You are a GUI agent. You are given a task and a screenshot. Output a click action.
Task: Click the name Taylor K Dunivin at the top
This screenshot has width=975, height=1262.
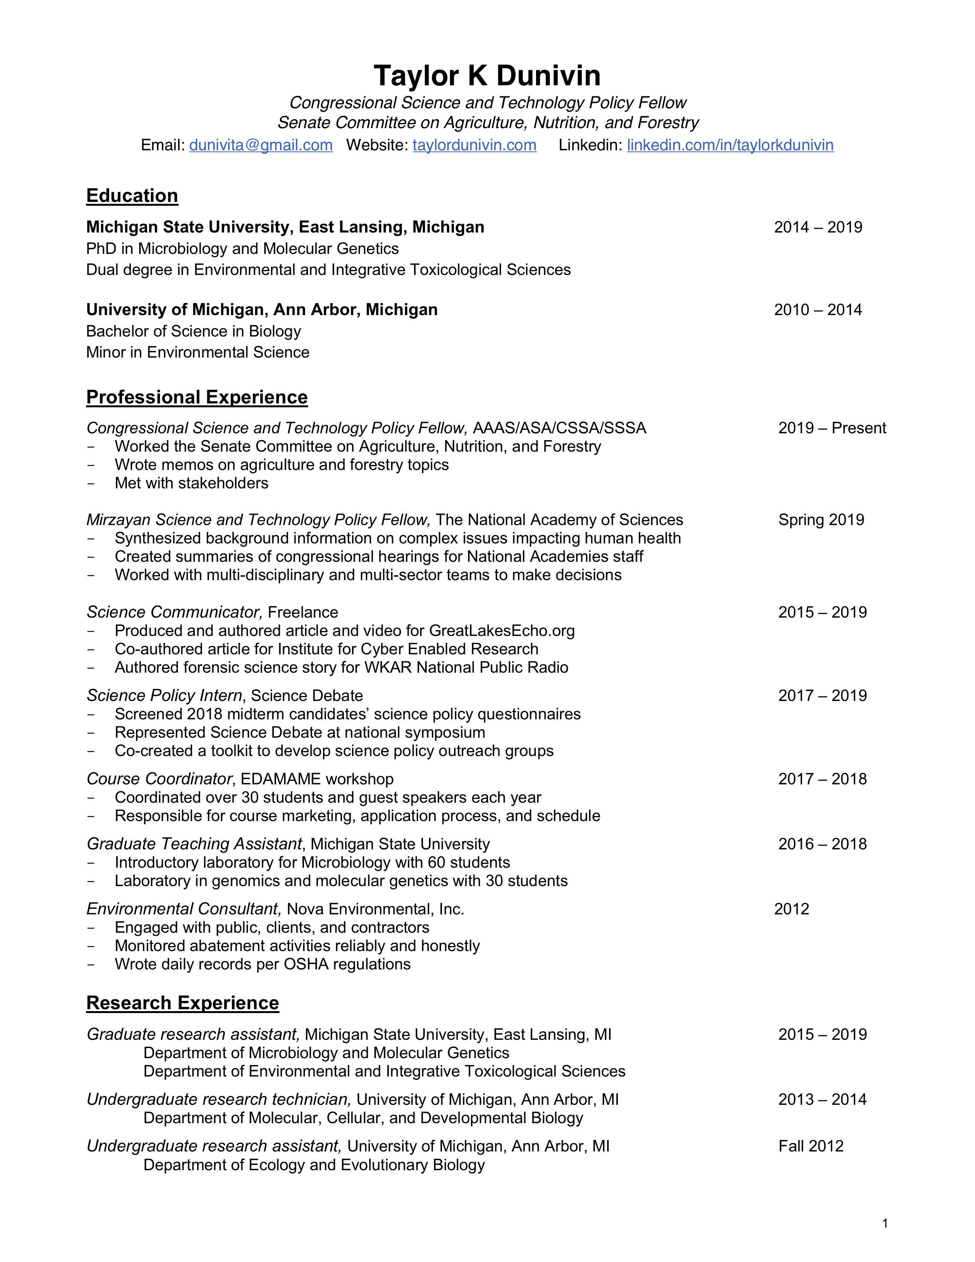[x=487, y=76]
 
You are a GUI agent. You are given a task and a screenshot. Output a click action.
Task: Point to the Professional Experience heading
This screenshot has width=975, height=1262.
[x=197, y=398]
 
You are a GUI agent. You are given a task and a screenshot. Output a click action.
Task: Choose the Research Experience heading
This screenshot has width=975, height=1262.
[x=182, y=1003]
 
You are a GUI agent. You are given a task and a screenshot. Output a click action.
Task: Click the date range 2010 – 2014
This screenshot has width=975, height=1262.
[x=818, y=310]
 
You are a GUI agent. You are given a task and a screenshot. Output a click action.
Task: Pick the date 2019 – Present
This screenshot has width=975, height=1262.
[x=832, y=428]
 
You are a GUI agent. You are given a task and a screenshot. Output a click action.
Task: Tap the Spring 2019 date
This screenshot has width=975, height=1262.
[x=821, y=520]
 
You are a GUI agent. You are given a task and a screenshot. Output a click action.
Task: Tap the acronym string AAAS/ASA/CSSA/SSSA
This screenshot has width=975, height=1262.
[x=559, y=428]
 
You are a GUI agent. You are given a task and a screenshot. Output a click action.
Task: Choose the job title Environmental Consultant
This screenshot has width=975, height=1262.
[x=184, y=909]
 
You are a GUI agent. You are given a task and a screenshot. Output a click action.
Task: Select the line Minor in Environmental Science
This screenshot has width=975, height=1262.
[x=198, y=353]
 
